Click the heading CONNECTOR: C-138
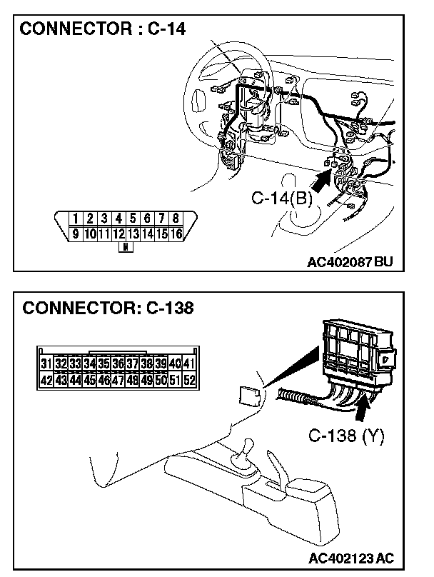[x=108, y=309]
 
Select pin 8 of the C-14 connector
[x=176, y=219]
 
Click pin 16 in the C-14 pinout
[x=176, y=233]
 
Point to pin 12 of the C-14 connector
[x=118, y=233]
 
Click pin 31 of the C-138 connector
[x=46, y=365]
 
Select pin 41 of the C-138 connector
[x=189, y=365]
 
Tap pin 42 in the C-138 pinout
[x=46, y=380]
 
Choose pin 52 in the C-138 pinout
[x=189, y=380]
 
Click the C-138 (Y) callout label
[x=347, y=436]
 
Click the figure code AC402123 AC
[x=353, y=556]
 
